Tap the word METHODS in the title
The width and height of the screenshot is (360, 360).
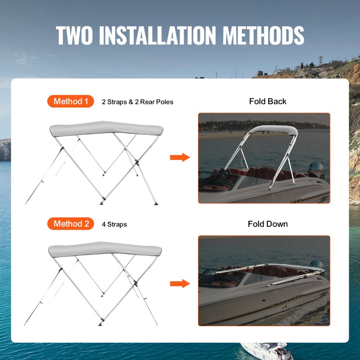(x=263, y=35)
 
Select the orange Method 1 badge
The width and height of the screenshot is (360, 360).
(x=71, y=102)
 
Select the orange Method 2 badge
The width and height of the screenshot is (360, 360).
(x=71, y=224)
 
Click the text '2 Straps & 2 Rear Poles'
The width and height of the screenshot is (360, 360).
(x=138, y=102)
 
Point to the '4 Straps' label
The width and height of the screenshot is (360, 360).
(x=114, y=225)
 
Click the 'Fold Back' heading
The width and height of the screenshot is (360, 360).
(x=268, y=102)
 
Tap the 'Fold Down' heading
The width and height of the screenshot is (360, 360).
(x=268, y=224)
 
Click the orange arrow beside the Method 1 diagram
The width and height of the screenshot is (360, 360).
(x=180, y=157)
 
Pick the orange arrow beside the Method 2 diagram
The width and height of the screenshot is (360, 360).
(x=180, y=284)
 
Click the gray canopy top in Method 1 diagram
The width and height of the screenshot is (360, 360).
(x=106, y=129)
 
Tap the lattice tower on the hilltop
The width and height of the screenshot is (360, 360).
(x=320, y=60)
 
